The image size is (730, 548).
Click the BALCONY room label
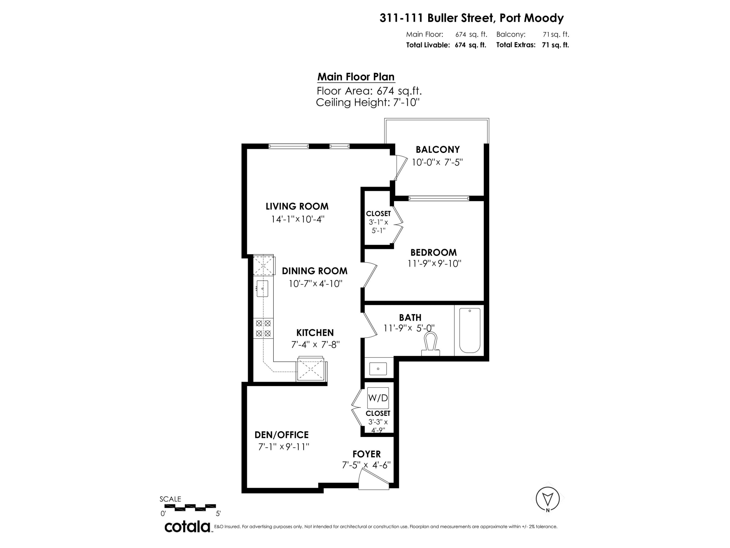pyautogui.click(x=438, y=150)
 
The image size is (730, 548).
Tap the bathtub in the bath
pyautogui.click(x=470, y=330)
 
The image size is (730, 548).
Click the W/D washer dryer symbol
pyautogui.click(x=378, y=398)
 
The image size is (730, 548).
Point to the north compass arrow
pyautogui.click(x=548, y=499)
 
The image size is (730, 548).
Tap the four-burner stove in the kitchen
pyautogui.click(x=263, y=328)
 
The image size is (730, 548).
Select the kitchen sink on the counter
pyautogui.click(x=262, y=288)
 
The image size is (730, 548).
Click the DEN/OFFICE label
pyautogui.click(x=282, y=435)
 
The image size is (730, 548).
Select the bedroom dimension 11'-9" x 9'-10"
pyautogui.click(x=434, y=264)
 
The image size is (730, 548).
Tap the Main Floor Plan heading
pyautogui.click(x=356, y=77)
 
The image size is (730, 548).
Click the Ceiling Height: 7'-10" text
pyautogui.click(x=368, y=102)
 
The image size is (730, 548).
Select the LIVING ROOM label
pyautogui.click(x=297, y=207)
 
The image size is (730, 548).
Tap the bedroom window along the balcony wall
pyautogui.click(x=438, y=198)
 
